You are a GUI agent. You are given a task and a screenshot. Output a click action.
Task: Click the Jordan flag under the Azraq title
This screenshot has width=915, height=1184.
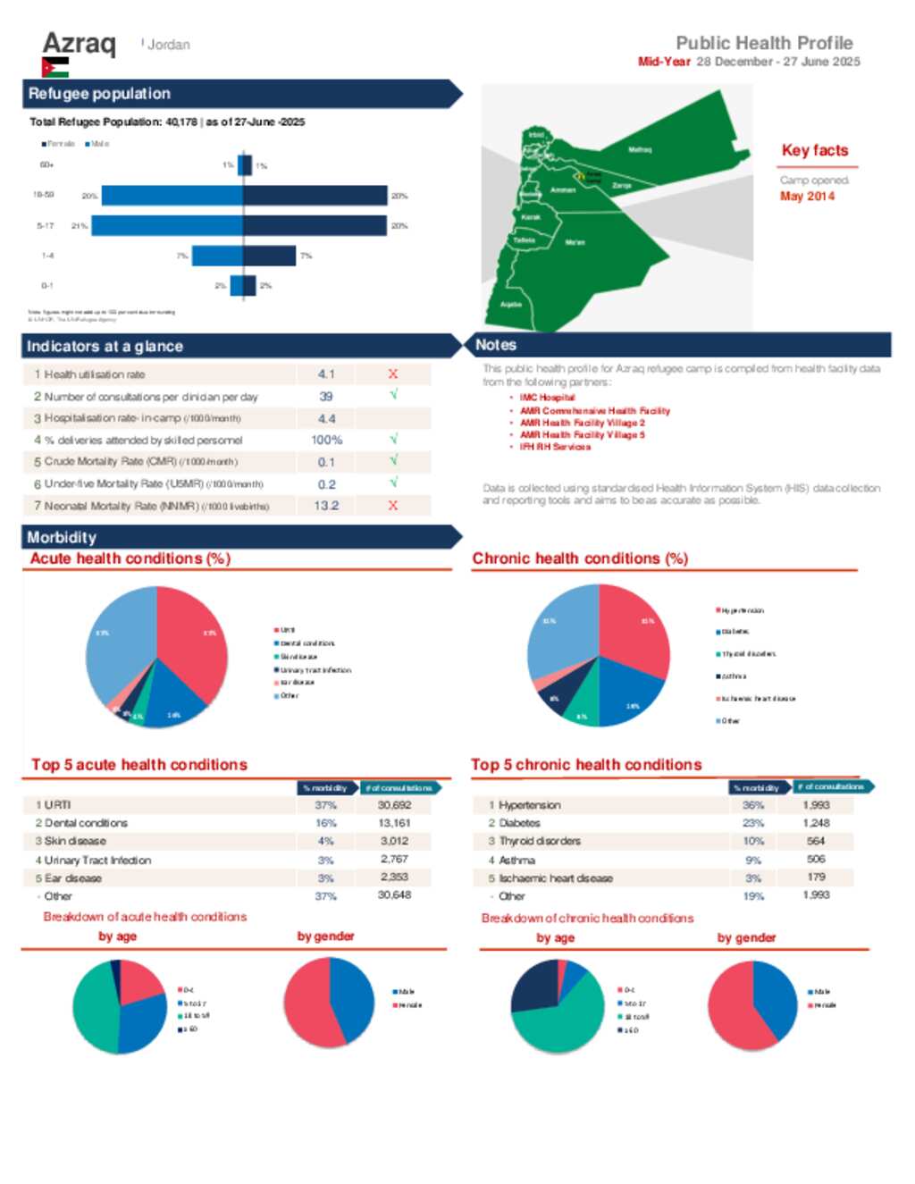(55, 67)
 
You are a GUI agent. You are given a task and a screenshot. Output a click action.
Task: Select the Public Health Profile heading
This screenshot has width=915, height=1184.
(764, 43)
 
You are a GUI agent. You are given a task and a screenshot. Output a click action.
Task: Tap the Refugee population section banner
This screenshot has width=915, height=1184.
(241, 94)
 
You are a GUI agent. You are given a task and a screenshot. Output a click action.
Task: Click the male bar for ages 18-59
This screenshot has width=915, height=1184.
(315, 196)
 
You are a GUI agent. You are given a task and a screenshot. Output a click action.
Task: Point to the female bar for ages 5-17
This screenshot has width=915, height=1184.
(167, 225)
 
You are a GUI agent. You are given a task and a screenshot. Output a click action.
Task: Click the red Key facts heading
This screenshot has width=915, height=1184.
(815, 150)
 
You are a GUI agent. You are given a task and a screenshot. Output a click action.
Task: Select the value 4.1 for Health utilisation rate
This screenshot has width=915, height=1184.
(326, 374)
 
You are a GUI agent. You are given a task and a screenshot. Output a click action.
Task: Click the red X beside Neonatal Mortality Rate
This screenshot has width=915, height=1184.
(393, 505)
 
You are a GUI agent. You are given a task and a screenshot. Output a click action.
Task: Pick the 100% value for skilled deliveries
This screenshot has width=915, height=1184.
(326, 440)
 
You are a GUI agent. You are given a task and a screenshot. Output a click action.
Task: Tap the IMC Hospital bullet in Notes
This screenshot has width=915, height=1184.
(547, 398)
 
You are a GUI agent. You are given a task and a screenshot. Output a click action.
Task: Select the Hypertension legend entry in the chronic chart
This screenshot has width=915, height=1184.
(741, 610)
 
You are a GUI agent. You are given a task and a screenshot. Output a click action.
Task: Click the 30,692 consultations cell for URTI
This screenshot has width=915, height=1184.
(394, 805)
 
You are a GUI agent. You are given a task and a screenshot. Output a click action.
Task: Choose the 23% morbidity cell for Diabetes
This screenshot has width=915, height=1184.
(753, 823)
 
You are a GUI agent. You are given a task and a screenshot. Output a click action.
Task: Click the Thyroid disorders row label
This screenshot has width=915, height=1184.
(540, 841)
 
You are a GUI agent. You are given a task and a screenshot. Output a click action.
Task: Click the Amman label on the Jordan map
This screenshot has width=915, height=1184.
(563, 190)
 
